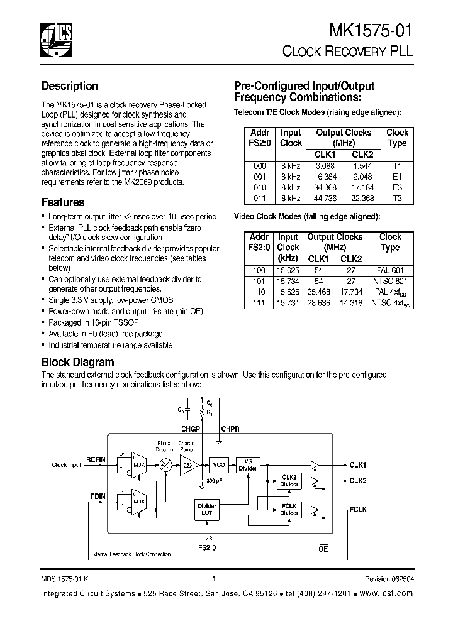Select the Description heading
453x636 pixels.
click(70, 86)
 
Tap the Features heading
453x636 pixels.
click(63, 202)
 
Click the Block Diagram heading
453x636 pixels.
click(77, 362)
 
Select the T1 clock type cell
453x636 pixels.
click(396, 166)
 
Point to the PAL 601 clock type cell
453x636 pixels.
click(390, 270)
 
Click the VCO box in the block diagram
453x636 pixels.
click(219, 465)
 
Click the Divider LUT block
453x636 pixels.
click(207, 510)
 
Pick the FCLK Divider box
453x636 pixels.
click(289, 510)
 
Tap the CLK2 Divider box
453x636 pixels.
click(289, 481)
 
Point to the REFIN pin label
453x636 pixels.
click(96, 459)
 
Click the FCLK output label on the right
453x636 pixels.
click(359, 510)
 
